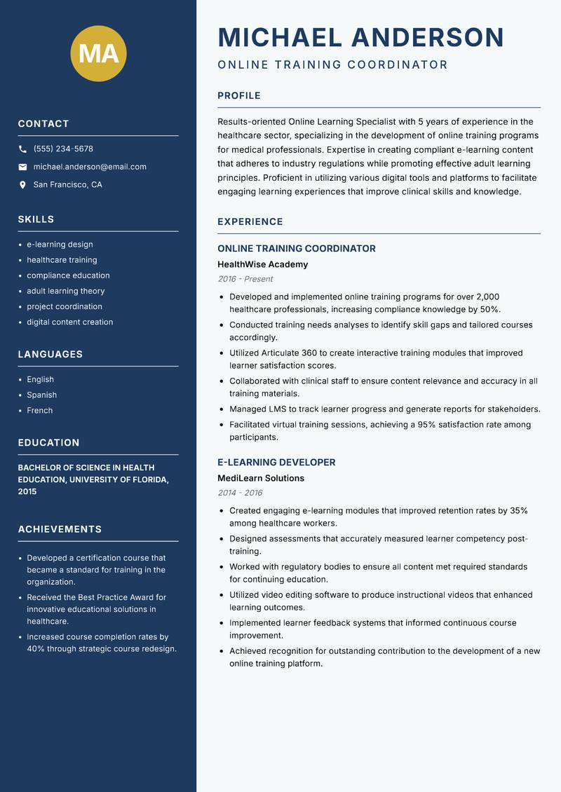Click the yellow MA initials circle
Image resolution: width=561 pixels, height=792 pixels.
tap(98, 53)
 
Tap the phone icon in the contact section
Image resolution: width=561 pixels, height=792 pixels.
tap(22, 149)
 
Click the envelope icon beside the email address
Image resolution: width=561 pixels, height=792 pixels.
tap(22, 167)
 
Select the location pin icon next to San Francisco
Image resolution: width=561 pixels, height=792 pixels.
tap(22, 185)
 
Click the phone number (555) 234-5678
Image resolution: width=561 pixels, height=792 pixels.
tap(63, 149)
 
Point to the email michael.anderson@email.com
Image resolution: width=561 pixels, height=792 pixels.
tap(90, 167)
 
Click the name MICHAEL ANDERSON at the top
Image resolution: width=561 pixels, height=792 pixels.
tap(360, 37)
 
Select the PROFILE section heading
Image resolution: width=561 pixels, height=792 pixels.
tap(238, 96)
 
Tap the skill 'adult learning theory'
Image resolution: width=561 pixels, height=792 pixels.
tap(65, 291)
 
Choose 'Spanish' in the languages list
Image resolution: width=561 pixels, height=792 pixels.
tap(41, 395)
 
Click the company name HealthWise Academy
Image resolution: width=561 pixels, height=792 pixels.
tap(262, 264)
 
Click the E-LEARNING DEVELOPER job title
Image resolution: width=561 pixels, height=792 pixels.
tap(276, 463)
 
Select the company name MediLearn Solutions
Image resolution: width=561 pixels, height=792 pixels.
tap(261, 478)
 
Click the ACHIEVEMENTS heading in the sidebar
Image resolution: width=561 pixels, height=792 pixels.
tap(60, 529)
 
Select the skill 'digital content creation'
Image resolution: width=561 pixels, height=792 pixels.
tap(69, 322)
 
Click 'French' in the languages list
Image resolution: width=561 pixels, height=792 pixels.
tap(39, 411)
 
